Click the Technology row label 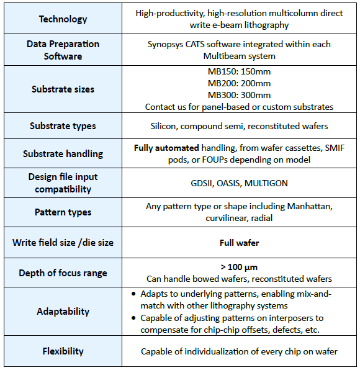tap(63, 19)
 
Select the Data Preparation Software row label tap(63, 50)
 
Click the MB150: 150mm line tap(239, 71)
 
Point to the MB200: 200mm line tap(239, 83)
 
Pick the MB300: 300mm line tap(239, 95)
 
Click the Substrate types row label tap(63, 126)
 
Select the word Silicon tap(163, 126)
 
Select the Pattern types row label tap(63, 212)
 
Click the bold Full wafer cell tap(239, 243)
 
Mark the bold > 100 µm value tap(239, 267)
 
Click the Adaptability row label tap(63, 312)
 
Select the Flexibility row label tap(63, 351)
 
